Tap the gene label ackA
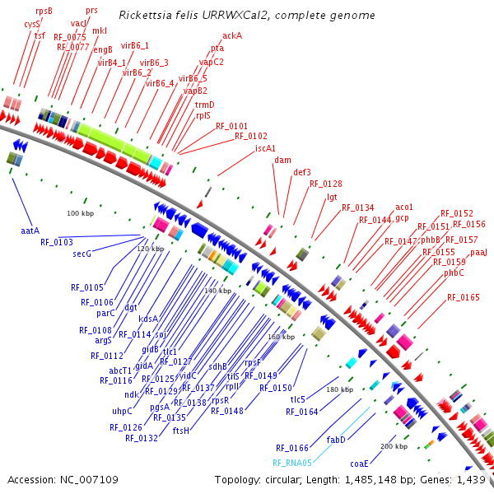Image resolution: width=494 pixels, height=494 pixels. pyautogui.click(x=232, y=36)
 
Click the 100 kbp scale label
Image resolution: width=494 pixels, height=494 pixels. pyautogui.click(x=81, y=214)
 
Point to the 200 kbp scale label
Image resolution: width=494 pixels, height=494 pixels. pyautogui.click(x=393, y=446)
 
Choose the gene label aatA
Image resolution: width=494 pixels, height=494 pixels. pyautogui.click(x=32, y=231)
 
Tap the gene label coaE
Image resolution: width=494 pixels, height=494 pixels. pyautogui.click(x=359, y=464)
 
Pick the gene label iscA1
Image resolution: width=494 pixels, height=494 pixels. pyautogui.click(x=265, y=148)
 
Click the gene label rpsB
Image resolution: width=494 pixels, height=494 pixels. pyautogui.click(x=44, y=11)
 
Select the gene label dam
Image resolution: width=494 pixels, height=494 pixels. pyautogui.click(x=282, y=160)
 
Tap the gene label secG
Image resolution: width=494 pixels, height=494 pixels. pyautogui.click(x=82, y=254)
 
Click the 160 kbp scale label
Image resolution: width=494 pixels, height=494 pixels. pyautogui.click(x=281, y=337)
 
